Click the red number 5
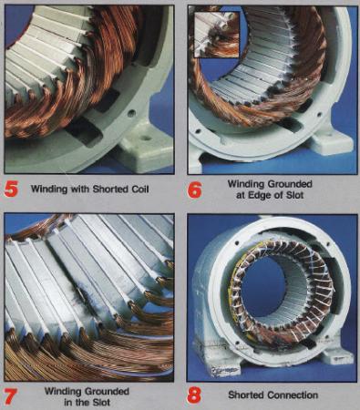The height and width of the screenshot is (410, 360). [x=11, y=189]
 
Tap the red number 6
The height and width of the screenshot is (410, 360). [x=194, y=190]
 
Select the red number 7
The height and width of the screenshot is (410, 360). [x=11, y=396]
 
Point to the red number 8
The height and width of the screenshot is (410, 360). [x=194, y=395]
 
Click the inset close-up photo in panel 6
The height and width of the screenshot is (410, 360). [x=216, y=35]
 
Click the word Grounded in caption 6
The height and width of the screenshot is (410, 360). [x=290, y=184]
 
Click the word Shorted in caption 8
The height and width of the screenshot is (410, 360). [x=246, y=395]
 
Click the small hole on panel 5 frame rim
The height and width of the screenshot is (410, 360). [x=131, y=114]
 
